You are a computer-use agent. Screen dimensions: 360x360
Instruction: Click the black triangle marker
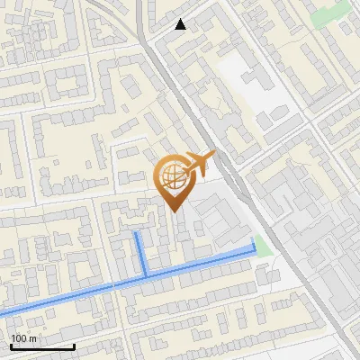point(181,24)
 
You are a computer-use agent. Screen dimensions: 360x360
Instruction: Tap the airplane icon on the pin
point(199,164)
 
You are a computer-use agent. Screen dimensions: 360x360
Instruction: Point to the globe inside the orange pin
point(173,175)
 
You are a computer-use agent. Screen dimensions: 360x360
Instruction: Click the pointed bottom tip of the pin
point(174,211)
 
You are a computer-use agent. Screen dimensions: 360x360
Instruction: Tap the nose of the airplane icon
point(213,154)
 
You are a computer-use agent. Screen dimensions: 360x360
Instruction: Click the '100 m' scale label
point(23,337)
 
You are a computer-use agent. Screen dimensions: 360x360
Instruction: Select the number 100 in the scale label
point(19,337)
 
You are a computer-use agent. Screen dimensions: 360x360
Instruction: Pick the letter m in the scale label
point(32,337)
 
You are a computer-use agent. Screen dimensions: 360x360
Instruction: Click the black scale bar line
point(42,346)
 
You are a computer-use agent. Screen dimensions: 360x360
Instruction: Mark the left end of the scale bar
point(10,346)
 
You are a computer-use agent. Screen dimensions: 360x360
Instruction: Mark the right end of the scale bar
point(75,346)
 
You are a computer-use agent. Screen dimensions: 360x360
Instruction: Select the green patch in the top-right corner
point(329,13)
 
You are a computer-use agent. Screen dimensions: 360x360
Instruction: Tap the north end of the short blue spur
point(136,232)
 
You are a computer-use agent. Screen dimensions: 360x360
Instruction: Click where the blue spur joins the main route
point(146,274)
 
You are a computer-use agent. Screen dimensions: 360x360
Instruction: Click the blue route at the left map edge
point(3,313)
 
